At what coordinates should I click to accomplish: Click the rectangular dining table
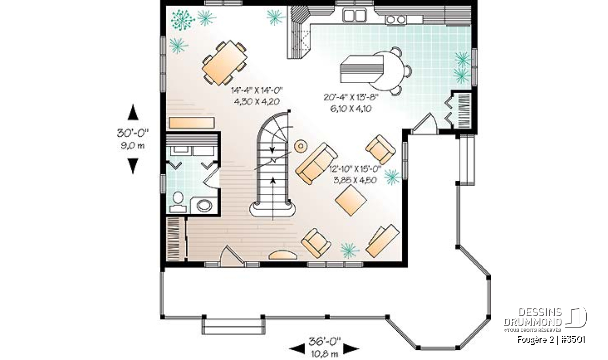(225, 63)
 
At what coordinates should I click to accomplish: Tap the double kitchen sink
(354, 15)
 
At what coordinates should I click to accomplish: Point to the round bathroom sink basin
(204, 206)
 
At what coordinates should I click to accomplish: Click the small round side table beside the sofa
(300, 146)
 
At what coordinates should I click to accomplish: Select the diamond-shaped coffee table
(351, 200)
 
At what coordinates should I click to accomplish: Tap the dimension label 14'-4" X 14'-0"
(257, 90)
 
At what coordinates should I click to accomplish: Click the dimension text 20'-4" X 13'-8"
(351, 97)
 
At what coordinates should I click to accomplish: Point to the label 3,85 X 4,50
(355, 180)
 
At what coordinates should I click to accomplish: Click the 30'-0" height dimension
(133, 133)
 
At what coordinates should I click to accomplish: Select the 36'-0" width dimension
(324, 341)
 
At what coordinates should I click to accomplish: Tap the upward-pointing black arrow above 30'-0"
(133, 112)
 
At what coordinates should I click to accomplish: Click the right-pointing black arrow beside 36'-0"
(351, 348)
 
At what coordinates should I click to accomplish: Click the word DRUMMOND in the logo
(533, 322)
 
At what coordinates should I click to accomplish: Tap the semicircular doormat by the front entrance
(283, 255)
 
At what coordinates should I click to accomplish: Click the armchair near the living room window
(381, 149)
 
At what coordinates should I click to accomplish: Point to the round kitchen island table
(390, 71)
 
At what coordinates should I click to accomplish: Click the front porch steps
(233, 327)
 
